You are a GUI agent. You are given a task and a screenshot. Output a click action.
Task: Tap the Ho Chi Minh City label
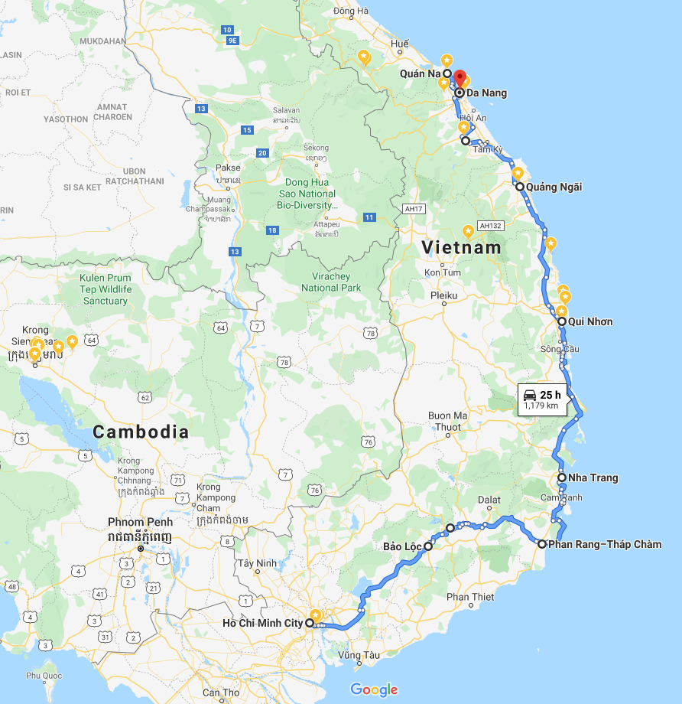tap(262, 623)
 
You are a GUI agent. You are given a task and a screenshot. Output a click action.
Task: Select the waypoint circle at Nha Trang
tap(562, 477)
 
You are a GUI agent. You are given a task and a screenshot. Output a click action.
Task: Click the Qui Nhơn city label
tap(590, 321)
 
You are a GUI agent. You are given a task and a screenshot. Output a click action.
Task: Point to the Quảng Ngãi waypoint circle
tap(519, 187)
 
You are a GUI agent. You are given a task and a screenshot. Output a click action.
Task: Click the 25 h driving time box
tap(543, 399)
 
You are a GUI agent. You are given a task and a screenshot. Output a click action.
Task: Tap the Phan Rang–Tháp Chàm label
tap(605, 545)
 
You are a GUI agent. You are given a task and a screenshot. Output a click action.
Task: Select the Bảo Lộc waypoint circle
tap(428, 546)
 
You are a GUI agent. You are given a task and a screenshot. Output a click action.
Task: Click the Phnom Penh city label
tap(140, 522)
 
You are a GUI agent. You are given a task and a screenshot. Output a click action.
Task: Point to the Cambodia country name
tap(141, 432)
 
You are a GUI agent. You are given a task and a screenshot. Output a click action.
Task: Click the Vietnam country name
tap(462, 248)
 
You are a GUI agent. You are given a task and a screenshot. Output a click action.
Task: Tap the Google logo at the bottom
tap(375, 689)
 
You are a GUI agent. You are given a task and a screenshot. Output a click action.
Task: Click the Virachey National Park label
tap(331, 282)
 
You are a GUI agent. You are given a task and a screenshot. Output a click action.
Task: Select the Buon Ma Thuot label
tap(447, 421)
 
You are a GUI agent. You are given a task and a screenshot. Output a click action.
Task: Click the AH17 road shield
tap(414, 208)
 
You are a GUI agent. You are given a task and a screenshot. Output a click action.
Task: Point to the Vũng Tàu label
tap(358, 655)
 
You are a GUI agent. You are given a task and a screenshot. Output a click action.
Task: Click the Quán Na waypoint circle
tap(447, 73)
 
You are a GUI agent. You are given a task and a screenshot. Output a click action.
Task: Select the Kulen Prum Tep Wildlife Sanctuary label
tap(106, 289)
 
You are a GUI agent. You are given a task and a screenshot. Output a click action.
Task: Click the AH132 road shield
tap(490, 226)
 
